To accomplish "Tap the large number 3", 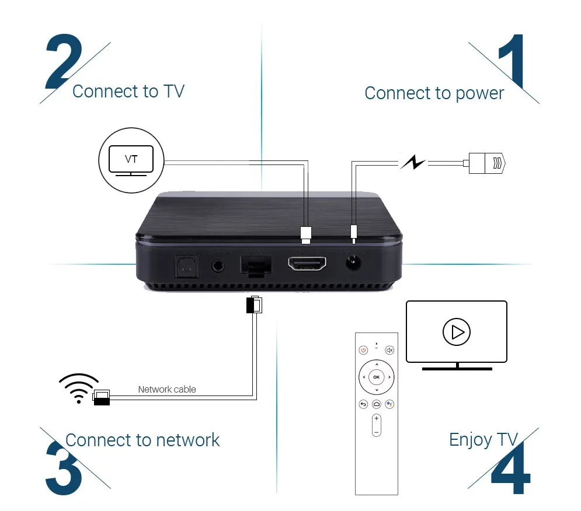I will [x=63, y=467].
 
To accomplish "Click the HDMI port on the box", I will [x=307, y=264].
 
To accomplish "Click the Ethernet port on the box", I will [x=255, y=266].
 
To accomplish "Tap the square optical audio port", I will [x=184, y=265].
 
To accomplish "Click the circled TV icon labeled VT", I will [x=131, y=159].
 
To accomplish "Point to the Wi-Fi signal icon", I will [x=79, y=388].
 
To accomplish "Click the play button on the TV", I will [x=456, y=332].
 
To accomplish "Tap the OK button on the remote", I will [x=376, y=377].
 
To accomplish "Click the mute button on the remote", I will [x=389, y=350].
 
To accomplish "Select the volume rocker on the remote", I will [x=376, y=425].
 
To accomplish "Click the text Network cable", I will [x=167, y=389].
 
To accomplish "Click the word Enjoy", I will [x=470, y=439].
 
